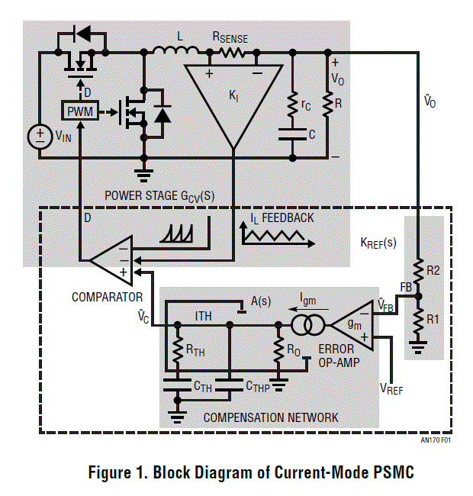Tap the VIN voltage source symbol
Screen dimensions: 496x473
click(39, 137)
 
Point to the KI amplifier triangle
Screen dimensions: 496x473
click(233, 99)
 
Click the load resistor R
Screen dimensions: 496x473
click(327, 105)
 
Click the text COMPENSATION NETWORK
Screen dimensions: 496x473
click(270, 417)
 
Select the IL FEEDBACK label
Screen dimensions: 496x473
click(282, 218)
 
